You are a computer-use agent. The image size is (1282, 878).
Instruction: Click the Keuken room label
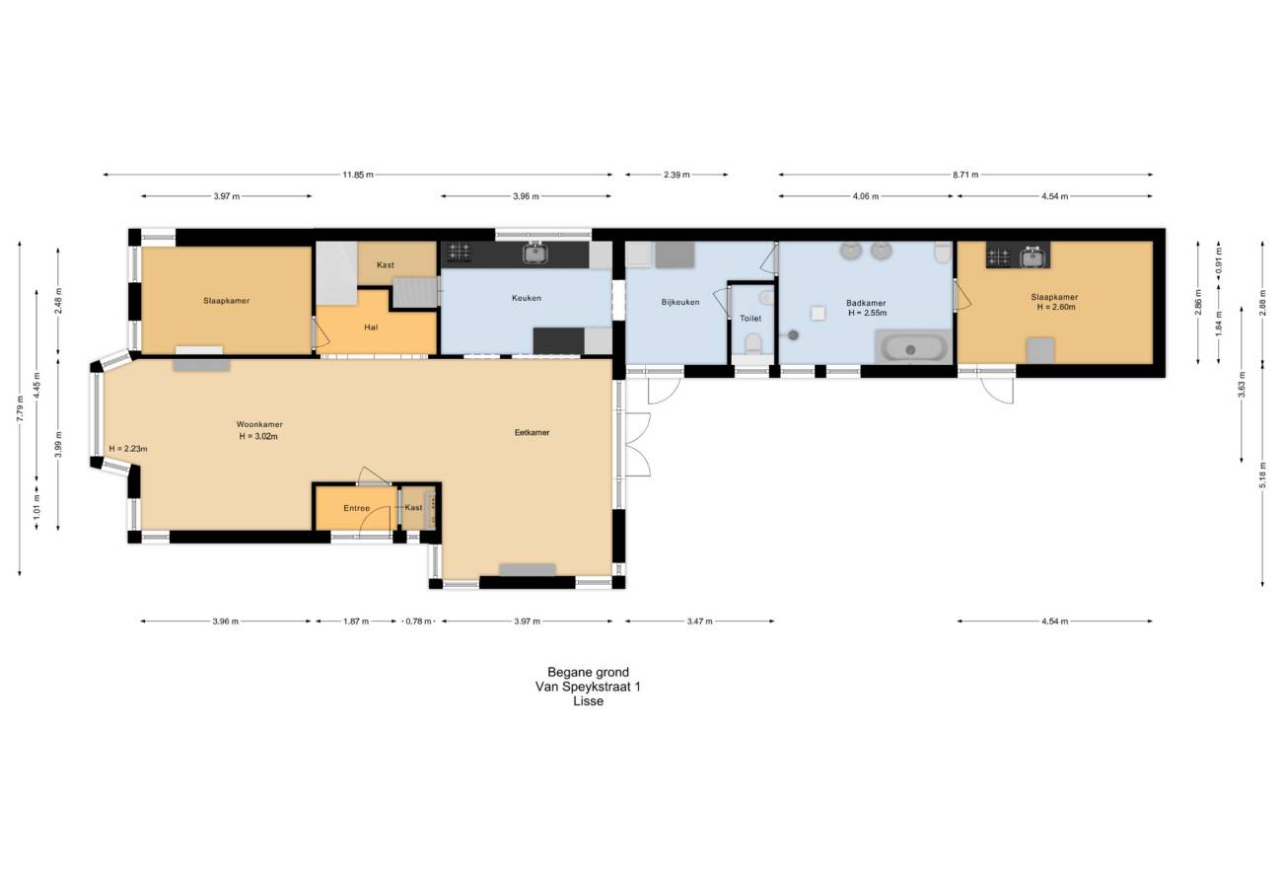click(x=526, y=298)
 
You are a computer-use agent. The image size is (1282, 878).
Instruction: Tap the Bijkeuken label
click(x=679, y=302)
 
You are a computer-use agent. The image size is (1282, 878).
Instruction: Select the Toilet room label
click(x=750, y=319)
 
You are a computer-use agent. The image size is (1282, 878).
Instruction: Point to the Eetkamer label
click(x=532, y=433)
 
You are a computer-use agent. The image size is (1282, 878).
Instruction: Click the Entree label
click(x=356, y=508)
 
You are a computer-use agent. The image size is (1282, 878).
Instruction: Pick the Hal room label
click(x=371, y=328)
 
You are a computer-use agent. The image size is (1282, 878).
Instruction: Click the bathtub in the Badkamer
click(x=913, y=348)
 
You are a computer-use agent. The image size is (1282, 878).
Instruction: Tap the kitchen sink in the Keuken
click(x=535, y=253)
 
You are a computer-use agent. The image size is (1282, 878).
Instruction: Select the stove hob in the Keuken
click(x=459, y=252)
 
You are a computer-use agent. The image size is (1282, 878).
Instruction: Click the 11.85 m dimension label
click(x=358, y=176)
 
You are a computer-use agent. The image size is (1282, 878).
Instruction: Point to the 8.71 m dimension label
click(x=965, y=176)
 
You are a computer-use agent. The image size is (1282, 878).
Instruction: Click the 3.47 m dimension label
click(x=699, y=622)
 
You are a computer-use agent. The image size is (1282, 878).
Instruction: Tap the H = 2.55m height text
click(x=867, y=313)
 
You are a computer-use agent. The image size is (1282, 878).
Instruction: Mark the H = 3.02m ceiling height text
click(x=258, y=436)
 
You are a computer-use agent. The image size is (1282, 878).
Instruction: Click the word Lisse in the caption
click(x=589, y=701)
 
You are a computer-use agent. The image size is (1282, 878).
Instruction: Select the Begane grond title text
click(x=589, y=673)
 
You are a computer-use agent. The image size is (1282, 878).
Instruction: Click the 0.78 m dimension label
click(x=418, y=622)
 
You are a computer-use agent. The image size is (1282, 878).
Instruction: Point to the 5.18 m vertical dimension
click(x=1262, y=476)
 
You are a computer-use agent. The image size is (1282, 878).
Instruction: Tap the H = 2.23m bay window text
click(x=127, y=449)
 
